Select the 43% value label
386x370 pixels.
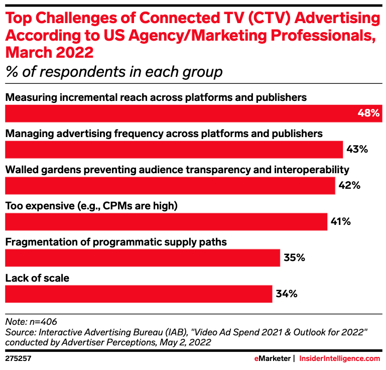click(x=357, y=149)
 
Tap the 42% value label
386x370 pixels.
click(x=349, y=185)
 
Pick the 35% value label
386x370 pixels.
click(x=294, y=258)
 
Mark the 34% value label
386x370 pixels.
click(x=287, y=294)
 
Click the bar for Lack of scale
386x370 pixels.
click(x=138, y=294)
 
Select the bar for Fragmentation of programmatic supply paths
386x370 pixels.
click(x=142, y=258)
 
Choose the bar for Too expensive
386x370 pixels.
click(x=166, y=221)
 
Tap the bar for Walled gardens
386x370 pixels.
click(x=170, y=185)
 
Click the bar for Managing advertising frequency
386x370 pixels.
click(x=174, y=149)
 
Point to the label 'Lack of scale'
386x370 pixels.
click(x=37, y=278)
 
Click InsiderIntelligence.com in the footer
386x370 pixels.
click(x=339, y=358)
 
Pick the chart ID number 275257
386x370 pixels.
click(x=19, y=358)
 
